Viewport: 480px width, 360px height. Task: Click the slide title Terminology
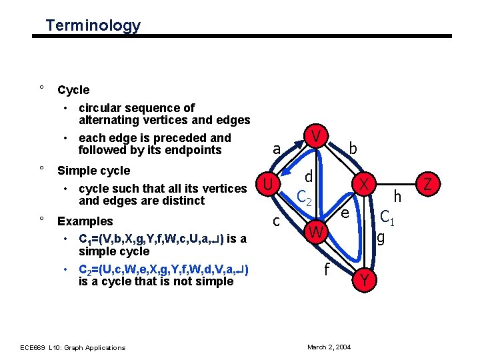tap(93, 26)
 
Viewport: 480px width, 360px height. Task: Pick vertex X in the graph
tap(364, 183)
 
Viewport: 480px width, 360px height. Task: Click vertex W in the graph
tap(316, 233)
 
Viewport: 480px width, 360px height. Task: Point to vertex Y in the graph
tap(364, 281)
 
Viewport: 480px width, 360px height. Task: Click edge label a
tap(276, 149)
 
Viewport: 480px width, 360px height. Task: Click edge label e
tap(345, 213)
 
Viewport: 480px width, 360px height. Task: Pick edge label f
tap(327, 270)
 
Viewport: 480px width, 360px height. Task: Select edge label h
tap(398, 196)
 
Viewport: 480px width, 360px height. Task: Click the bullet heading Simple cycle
tap(94, 170)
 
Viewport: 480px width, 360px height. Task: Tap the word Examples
tap(85, 221)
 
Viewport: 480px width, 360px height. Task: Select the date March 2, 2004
tap(329, 347)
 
